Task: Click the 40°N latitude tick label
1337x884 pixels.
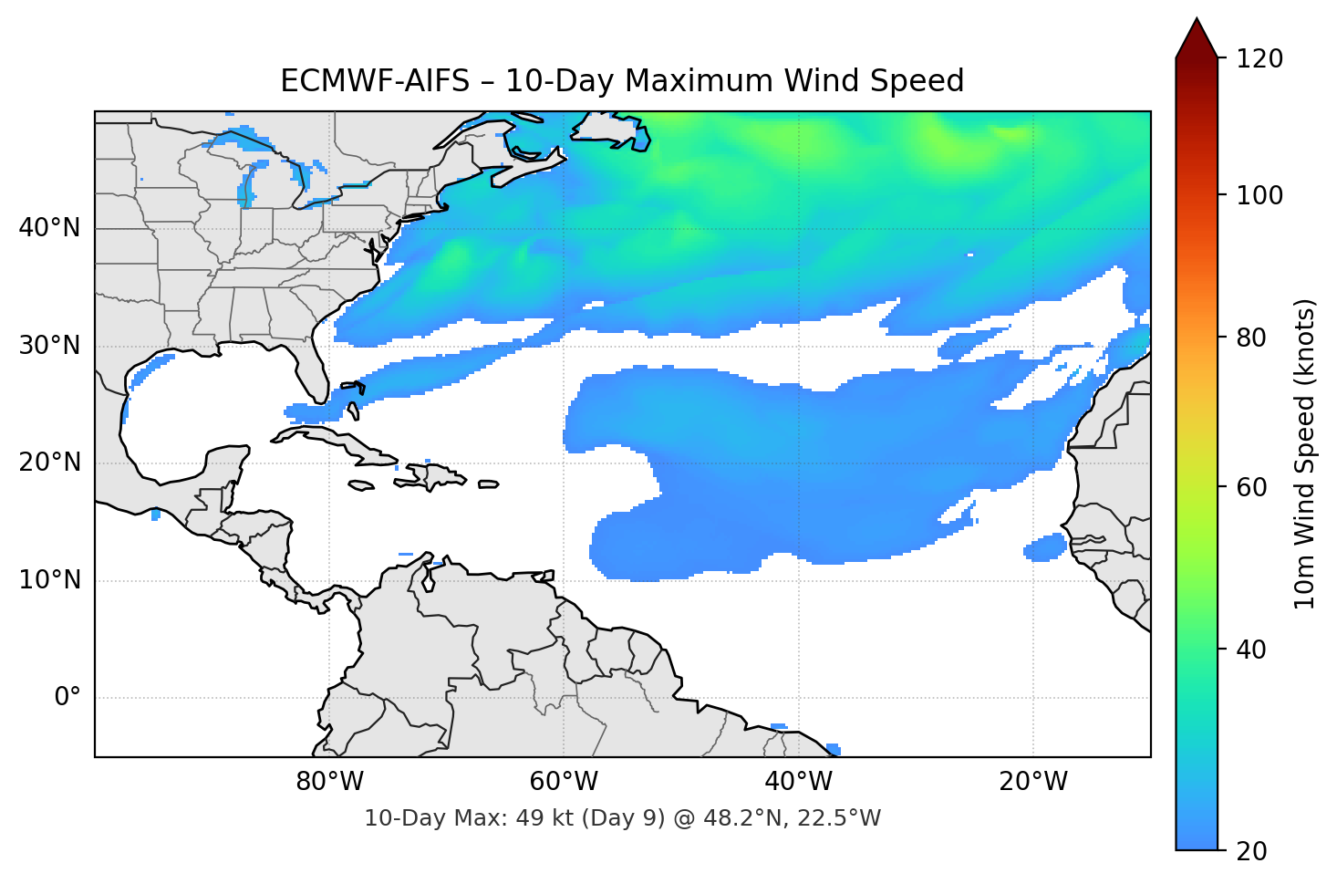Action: click(x=49, y=228)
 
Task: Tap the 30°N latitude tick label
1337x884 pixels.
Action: click(x=49, y=346)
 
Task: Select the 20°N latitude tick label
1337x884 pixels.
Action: click(x=49, y=463)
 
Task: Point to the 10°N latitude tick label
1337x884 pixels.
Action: click(x=49, y=580)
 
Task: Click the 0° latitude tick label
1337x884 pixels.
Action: click(x=67, y=698)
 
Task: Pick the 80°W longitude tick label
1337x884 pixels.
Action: click(x=329, y=782)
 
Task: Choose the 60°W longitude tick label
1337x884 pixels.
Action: click(x=564, y=782)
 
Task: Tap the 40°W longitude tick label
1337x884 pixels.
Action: click(x=798, y=782)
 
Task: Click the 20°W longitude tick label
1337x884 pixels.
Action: click(x=1032, y=782)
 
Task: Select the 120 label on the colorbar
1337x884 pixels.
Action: click(x=1259, y=59)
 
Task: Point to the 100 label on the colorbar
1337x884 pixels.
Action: click(x=1259, y=195)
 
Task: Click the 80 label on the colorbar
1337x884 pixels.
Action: click(x=1251, y=338)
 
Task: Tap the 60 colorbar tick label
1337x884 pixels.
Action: click(x=1251, y=487)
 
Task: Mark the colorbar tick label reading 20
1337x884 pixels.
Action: click(x=1251, y=851)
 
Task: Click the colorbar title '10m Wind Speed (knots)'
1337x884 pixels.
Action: click(x=1305, y=453)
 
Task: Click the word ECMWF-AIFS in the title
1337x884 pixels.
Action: click(x=375, y=81)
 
